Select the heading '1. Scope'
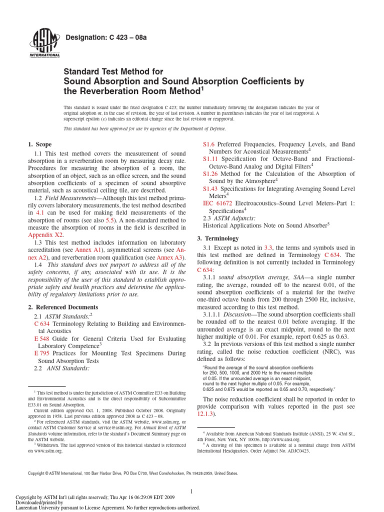pyautogui.click(x=39, y=144)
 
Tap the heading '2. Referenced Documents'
pyautogui.click(x=63, y=306)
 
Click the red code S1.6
pyautogui.click(x=208, y=144)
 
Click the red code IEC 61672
pyautogui.click(x=218, y=203)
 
